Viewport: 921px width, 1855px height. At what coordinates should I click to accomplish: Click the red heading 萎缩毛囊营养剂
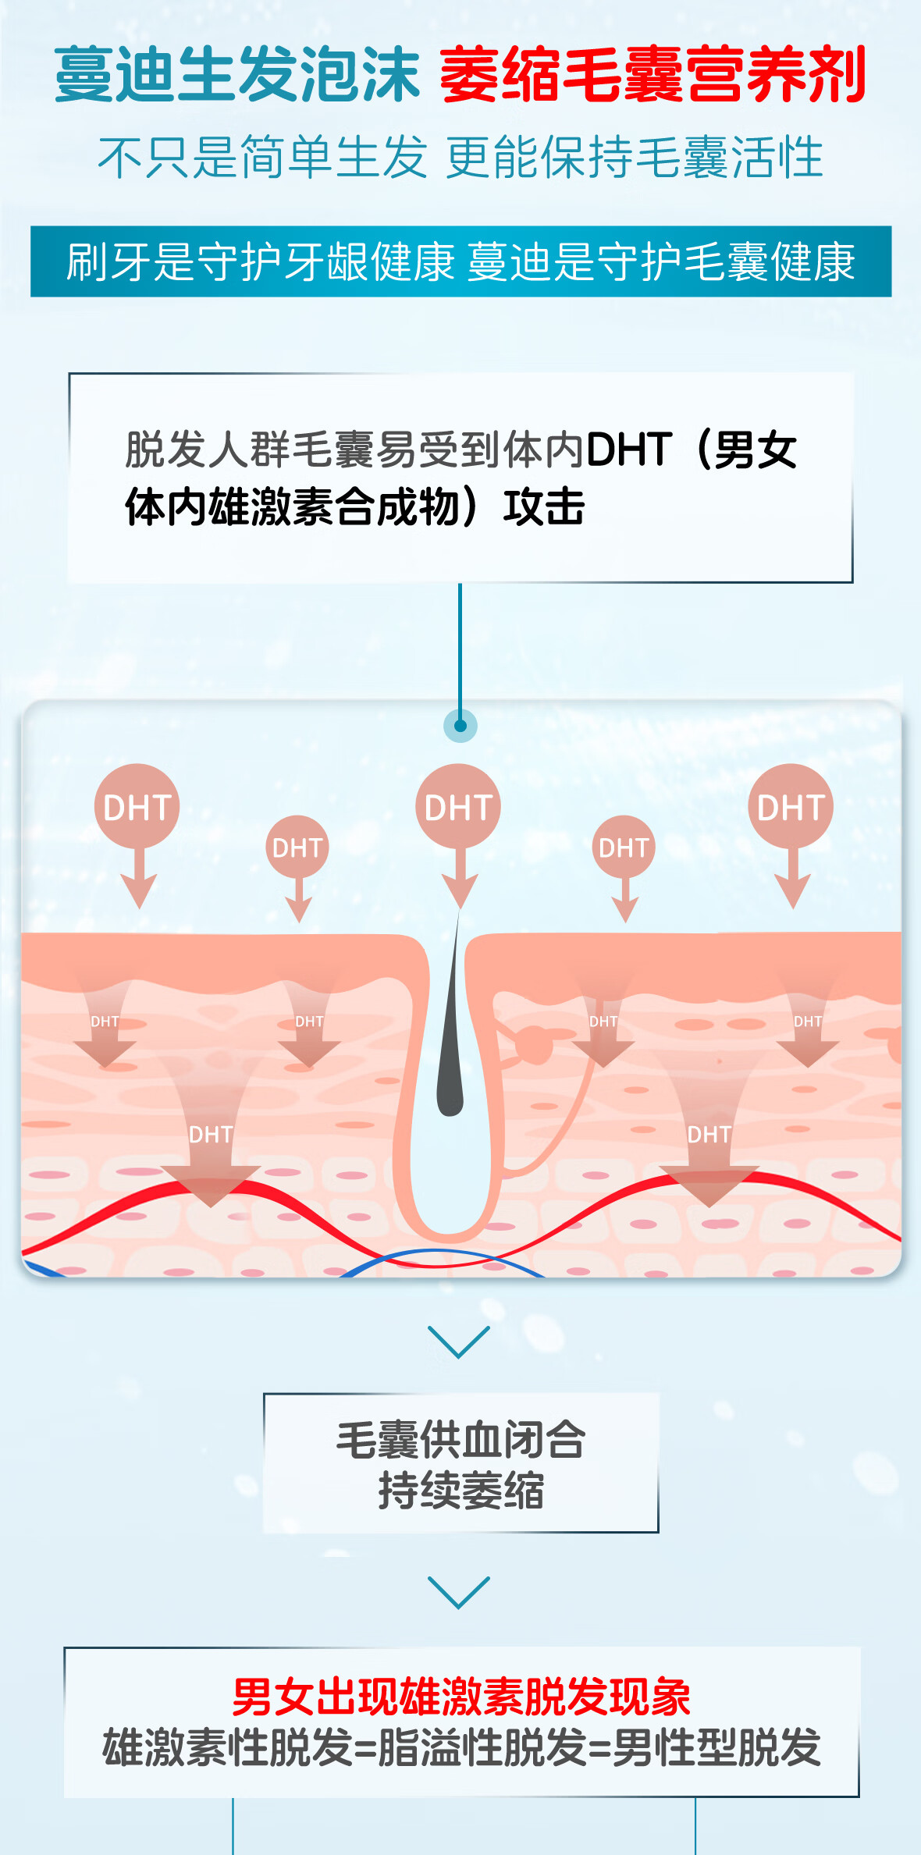coord(653,75)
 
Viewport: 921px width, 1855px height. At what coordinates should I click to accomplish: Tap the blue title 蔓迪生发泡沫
coord(237,75)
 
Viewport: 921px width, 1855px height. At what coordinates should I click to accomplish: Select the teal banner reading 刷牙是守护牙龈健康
coord(261,261)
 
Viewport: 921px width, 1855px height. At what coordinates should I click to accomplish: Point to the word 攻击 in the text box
coord(544,507)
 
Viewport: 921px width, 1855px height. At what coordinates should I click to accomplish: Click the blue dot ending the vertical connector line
coord(460,726)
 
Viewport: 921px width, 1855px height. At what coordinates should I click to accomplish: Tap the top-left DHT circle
coord(137,806)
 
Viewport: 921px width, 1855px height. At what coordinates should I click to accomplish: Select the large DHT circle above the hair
coord(458,806)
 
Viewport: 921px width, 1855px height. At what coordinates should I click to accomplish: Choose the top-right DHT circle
coord(791,806)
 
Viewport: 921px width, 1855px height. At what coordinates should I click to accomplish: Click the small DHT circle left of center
coord(297,847)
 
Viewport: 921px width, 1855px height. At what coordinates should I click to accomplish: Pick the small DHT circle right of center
coord(624,847)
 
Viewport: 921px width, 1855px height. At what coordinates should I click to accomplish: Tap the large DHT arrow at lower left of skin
coord(211,1155)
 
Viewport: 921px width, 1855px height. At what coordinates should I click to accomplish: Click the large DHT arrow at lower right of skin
coord(709,1155)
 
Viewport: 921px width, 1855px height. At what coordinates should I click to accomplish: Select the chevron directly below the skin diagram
coord(459,1341)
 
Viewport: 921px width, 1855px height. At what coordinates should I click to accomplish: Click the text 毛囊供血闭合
coord(460,1439)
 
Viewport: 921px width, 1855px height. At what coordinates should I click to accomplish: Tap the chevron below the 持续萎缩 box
coord(459,1591)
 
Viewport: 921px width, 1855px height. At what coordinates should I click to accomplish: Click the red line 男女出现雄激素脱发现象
coord(460,1697)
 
